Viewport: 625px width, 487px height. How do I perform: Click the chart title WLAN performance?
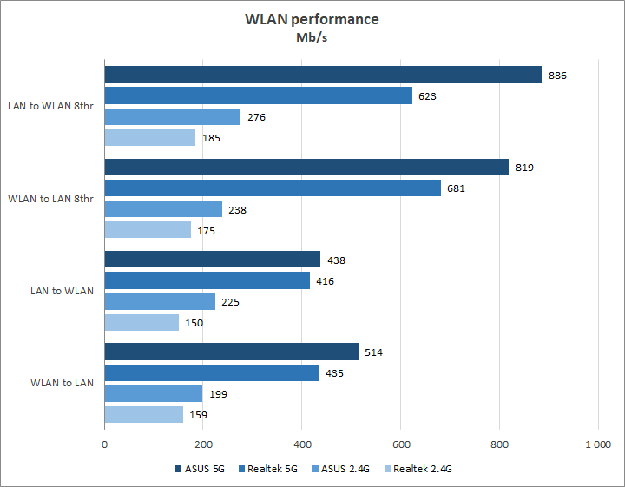[312, 19]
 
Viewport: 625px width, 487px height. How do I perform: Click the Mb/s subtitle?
[312, 37]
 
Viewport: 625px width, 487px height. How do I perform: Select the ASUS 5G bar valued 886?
[323, 76]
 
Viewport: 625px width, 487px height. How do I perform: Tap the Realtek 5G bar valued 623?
[258, 96]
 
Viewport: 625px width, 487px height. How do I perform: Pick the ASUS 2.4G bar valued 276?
[173, 117]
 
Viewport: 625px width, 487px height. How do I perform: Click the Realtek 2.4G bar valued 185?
[150, 137]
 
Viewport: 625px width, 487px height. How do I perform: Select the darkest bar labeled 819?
[306, 168]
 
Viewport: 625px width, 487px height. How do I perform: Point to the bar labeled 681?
[273, 188]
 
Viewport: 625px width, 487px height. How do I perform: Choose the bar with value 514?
[231, 352]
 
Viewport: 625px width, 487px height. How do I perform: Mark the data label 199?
[218, 394]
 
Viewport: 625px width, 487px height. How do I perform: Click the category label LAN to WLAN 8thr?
[53, 107]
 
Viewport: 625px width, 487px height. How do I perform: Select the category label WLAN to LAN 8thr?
[53, 199]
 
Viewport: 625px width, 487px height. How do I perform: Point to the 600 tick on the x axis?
[400, 444]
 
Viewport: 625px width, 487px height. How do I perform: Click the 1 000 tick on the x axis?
[597, 444]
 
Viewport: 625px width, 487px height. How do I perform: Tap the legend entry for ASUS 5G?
[202, 469]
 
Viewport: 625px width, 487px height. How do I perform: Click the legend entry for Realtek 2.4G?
[417, 469]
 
